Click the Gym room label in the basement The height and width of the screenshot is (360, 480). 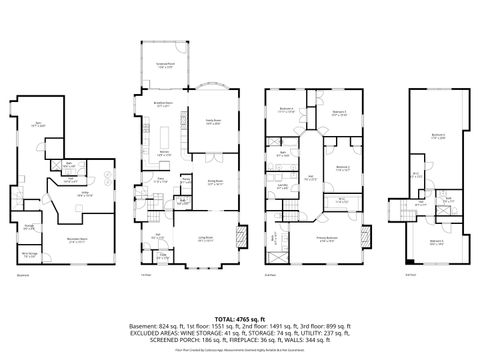point(37,124)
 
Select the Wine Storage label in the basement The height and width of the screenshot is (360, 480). point(32,254)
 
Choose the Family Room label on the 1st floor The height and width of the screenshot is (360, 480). point(212,121)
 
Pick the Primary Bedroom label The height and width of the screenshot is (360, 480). point(327,237)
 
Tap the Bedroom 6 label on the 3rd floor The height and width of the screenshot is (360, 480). point(437,135)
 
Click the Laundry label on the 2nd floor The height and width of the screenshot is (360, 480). point(284,186)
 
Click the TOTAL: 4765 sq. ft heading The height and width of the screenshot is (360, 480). point(239,316)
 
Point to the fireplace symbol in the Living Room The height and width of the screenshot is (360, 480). point(237,239)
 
